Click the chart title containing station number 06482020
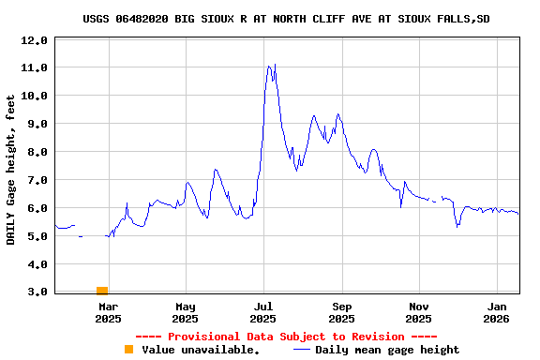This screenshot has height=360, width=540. [286, 19]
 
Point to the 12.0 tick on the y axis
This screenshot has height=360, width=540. [35, 40]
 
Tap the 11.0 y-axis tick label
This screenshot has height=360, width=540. [35, 67]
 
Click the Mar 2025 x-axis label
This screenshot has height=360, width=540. [108, 312]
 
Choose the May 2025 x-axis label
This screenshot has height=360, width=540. [186, 312]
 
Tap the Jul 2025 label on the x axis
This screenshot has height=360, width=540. [263, 312]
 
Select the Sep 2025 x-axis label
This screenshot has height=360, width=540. [342, 312]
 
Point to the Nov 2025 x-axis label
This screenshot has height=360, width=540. [419, 312]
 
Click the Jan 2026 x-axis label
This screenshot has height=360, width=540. [498, 312]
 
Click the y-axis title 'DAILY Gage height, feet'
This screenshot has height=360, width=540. [11, 169]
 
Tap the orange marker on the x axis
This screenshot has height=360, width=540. [101, 291]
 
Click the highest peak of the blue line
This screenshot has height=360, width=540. [269, 66]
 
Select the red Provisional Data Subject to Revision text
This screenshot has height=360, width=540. [286, 337]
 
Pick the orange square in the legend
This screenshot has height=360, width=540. [128, 350]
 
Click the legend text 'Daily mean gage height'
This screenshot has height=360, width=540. [387, 350]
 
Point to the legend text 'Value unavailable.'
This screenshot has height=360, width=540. [201, 350]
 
